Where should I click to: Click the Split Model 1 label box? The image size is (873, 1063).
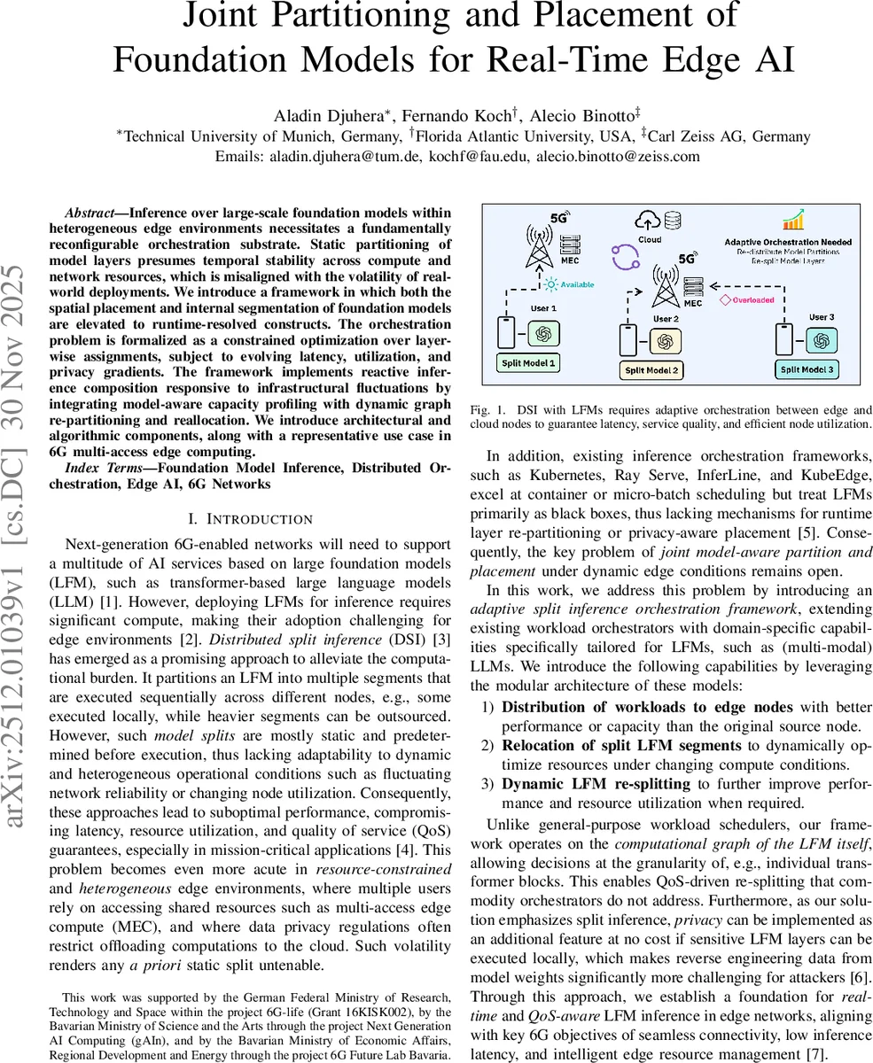click(x=529, y=362)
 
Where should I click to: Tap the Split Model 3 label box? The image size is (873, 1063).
click(x=806, y=369)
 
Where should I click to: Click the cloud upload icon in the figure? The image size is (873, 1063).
click(x=645, y=221)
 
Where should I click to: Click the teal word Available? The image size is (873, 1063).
click(x=576, y=284)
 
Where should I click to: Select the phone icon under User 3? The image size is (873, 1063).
click(x=783, y=338)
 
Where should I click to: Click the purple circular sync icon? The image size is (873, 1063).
click(x=625, y=257)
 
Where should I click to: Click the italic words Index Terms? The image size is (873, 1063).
click(x=101, y=467)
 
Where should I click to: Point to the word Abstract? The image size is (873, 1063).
click(x=96, y=213)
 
